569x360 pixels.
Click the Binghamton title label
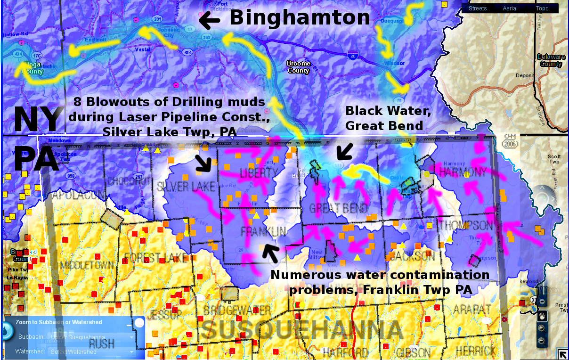(x=300, y=18)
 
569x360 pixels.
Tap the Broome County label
(x=299, y=67)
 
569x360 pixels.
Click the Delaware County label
(x=551, y=60)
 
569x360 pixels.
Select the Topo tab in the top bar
(x=542, y=8)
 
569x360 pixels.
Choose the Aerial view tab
(x=510, y=8)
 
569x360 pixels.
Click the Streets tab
(x=478, y=8)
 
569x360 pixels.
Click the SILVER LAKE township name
(x=186, y=187)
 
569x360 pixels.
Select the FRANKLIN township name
(x=263, y=231)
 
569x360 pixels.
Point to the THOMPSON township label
(x=466, y=225)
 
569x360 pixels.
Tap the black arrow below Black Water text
(x=345, y=151)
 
